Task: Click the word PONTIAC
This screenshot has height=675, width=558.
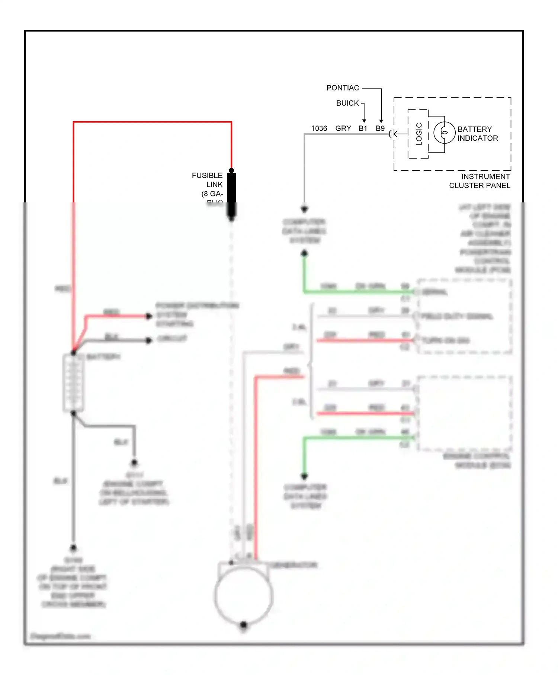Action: (343, 88)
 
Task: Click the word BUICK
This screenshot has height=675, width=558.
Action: (347, 103)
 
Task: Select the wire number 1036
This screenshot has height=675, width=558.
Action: (319, 128)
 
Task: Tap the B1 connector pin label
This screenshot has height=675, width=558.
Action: (363, 128)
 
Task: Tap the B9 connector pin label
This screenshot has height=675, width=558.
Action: (380, 128)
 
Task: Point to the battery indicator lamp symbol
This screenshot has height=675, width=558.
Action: (444, 132)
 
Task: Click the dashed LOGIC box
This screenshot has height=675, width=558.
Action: (418, 134)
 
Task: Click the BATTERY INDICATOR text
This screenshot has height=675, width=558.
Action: (477, 134)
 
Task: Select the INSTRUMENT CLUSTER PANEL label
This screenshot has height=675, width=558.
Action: (480, 181)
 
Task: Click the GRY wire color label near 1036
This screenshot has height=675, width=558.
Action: (343, 128)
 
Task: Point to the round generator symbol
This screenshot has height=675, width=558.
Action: (244, 595)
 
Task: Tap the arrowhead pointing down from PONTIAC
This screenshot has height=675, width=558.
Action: (381, 121)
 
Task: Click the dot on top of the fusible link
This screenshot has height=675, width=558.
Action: (231, 170)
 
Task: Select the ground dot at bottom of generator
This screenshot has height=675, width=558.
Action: (244, 624)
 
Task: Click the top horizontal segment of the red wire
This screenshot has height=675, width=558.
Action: (153, 122)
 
